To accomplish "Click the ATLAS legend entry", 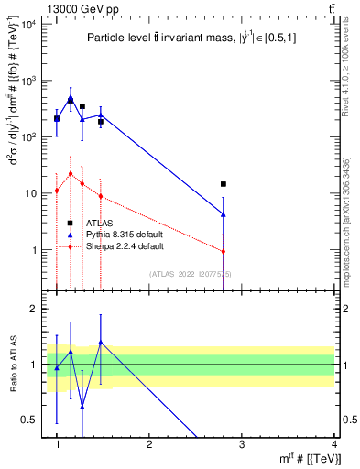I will (x=99, y=223).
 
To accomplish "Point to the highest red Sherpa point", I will (x=71, y=173).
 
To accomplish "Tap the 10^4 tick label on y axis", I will (x=28, y=24).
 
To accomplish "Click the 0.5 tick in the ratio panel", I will (x=33, y=420).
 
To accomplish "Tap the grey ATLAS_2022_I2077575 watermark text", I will (x=191, y=273).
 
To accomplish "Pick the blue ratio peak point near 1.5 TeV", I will (x=100, y=343).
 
